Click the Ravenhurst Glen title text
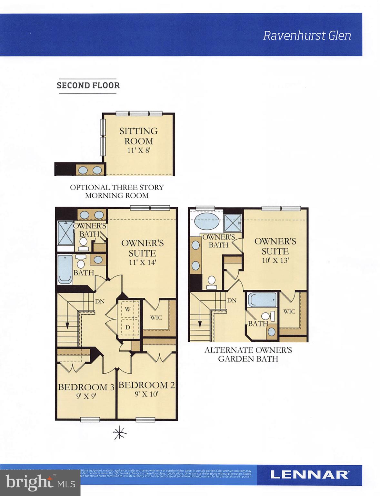point(307,35)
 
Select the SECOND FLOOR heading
point(88,86)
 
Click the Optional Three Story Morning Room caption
point(117,191)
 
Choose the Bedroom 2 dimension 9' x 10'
point(146,394)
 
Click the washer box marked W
point(128,309)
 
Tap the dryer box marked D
point(128,327)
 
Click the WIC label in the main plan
point(156,317)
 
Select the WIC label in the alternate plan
point(289,312)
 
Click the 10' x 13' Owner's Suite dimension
point(275,260)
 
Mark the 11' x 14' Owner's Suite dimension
point(142,262)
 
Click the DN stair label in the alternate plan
point(232,300)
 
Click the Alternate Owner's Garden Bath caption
point(248,354)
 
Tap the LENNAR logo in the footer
point(309,475)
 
